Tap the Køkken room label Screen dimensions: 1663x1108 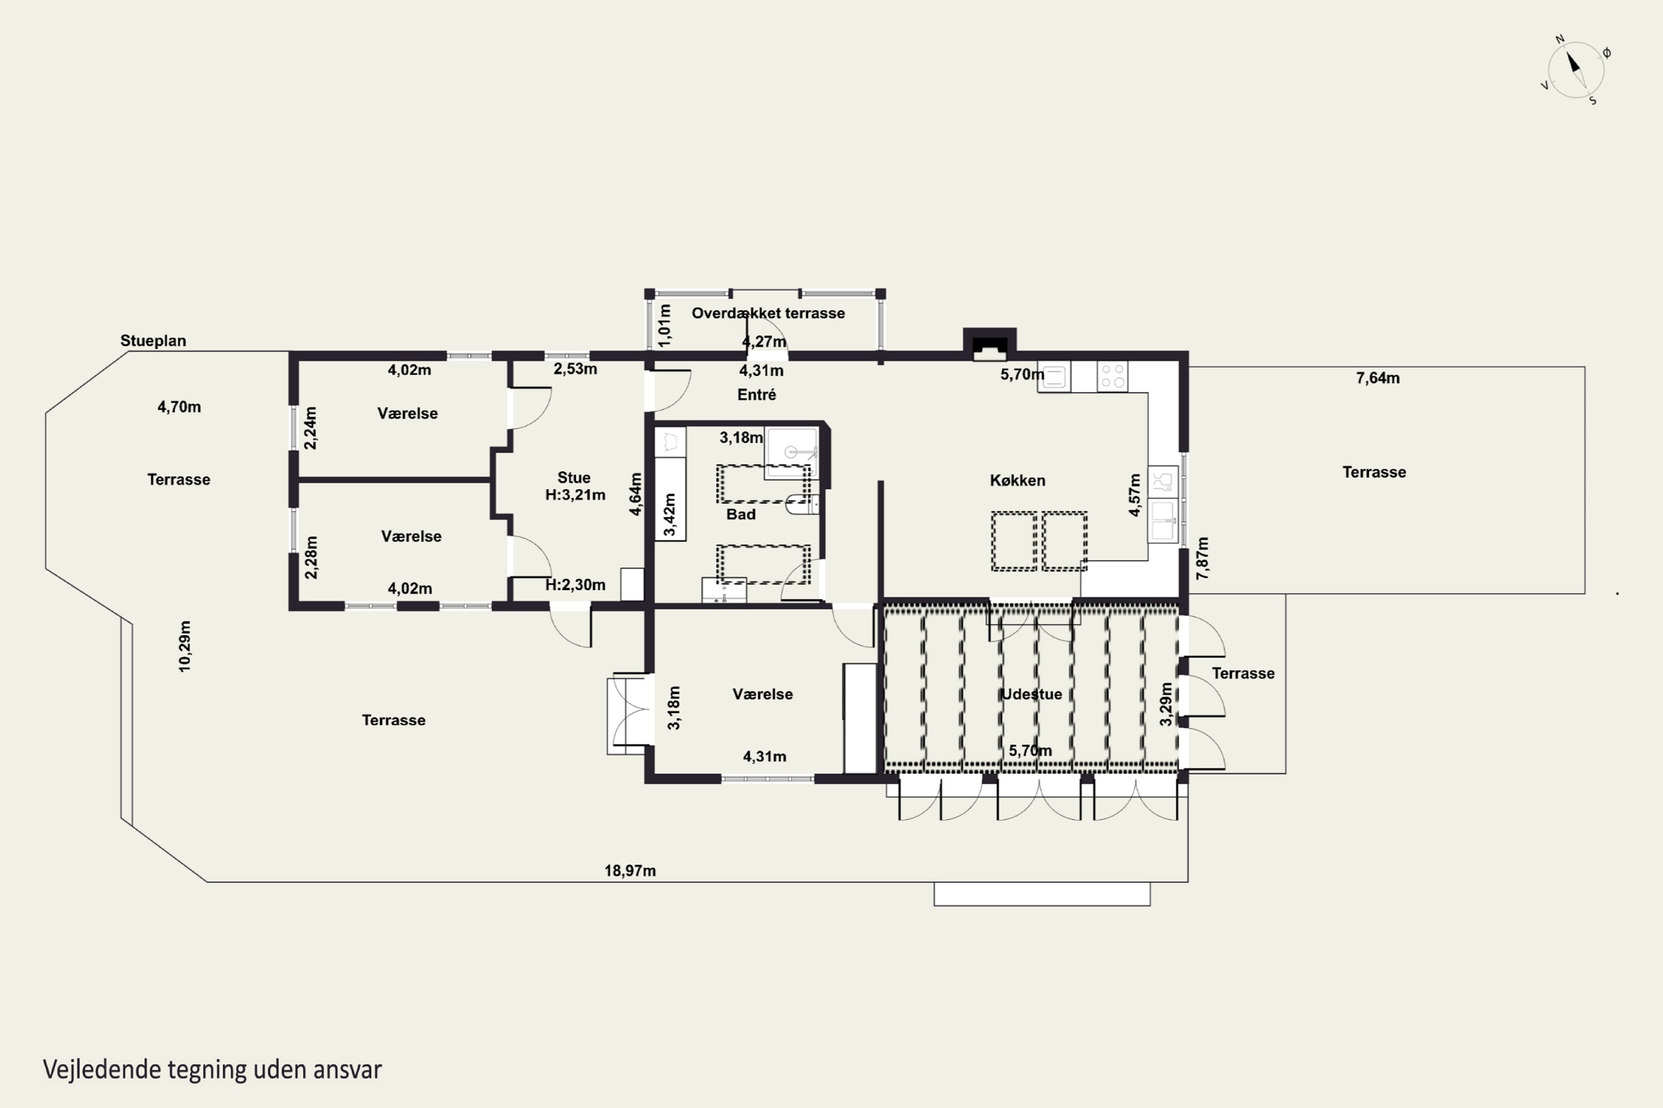1017,480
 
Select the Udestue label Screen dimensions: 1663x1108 1032,694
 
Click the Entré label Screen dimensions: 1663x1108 757,394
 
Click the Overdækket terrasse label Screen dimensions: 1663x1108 768,313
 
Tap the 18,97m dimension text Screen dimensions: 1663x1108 630,870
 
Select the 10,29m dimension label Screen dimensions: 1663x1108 185,647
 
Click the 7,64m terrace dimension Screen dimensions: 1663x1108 1378,378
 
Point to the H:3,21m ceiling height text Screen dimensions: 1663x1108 575,495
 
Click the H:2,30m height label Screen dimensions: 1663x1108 575,584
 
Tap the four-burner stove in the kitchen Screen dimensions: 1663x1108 1112,376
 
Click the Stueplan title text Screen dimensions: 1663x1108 154,341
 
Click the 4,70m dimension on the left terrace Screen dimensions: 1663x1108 179,407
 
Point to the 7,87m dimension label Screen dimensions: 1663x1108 1202,558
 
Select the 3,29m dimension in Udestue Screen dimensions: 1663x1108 1166,704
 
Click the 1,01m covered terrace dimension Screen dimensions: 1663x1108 665,325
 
